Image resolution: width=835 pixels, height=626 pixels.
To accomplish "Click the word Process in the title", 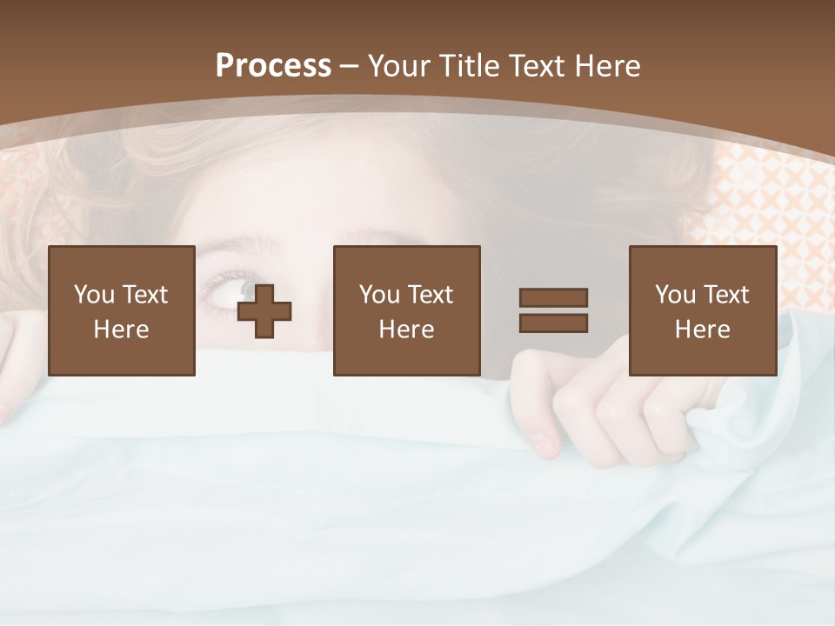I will (273, 66).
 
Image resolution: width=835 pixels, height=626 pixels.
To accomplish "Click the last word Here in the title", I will (608, 66).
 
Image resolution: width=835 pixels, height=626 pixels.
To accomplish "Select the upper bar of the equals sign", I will (553, 298).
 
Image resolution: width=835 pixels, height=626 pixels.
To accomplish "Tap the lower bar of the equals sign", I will (553, 323).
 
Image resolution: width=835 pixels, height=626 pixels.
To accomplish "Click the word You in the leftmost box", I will (94, 295).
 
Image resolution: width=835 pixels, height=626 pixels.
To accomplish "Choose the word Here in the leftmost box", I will (121, 330).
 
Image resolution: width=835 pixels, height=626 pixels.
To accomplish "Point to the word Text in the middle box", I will (431, 295).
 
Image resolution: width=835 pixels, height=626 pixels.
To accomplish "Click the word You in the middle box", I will (380, 295).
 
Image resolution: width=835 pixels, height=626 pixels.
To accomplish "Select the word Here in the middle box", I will (406, 330).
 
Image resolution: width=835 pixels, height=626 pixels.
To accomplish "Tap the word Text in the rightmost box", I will (726, 295).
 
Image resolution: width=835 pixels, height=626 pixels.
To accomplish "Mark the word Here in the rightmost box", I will (702, 330).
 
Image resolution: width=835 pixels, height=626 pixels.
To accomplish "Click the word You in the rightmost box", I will (676, 295).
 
